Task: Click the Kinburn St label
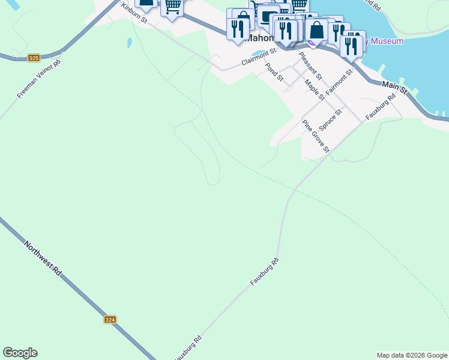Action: click(134, 13)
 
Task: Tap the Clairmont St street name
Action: click(258, 58)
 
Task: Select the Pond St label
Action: click(274, 71)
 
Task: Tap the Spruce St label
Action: click(330, 120)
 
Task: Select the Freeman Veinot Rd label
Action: click(39, 79)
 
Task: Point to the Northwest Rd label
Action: click(43, 259)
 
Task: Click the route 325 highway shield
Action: click(34, 58)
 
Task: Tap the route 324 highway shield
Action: click(110, 320)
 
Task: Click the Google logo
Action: click(20, 353)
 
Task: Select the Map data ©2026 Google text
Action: click(412, 355)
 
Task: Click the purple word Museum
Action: click(387, 41)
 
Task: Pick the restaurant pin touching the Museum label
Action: click(351, 46)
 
